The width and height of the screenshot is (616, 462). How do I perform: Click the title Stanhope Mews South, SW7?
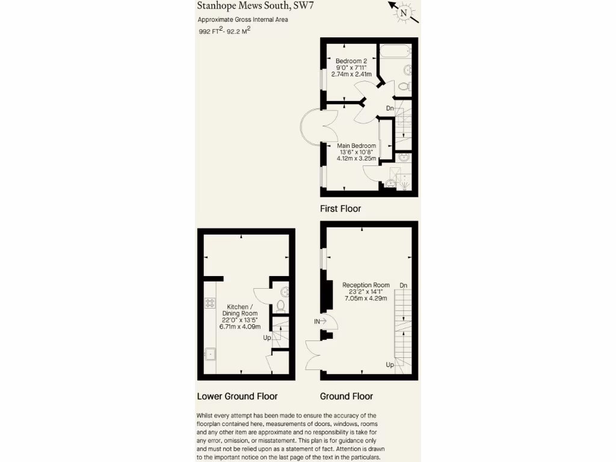point(256,6)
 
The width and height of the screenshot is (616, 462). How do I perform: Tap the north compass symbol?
point(404,12)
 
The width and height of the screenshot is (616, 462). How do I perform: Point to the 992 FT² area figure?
point(211,32)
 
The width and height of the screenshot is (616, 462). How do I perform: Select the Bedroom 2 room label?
point(351,61)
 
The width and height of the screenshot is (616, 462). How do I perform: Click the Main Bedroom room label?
point(357,146)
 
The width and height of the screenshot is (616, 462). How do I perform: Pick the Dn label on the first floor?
point(390,108)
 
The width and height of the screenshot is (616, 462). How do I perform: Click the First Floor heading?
point(340,209)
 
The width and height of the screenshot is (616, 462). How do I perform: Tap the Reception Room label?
point(366,285)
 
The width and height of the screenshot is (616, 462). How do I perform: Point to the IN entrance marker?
point(317,322)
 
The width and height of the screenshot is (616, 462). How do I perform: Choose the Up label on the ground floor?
point(390,365)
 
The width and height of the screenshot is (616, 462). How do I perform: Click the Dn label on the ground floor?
point(403,285)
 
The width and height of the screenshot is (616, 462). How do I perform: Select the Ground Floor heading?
point(346,396)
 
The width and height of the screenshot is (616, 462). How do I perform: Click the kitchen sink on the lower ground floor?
point(211,354)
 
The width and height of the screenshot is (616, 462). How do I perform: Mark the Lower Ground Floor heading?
point(237,396)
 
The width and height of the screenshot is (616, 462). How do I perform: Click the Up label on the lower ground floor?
point(267,337)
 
